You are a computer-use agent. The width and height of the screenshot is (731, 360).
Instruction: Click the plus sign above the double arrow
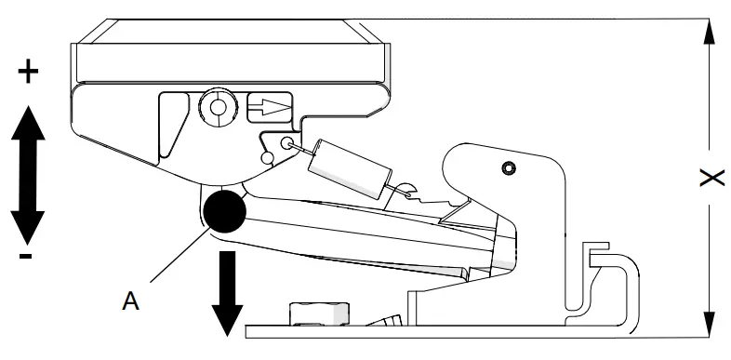(30, 73)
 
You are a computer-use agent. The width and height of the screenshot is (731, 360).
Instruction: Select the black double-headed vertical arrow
(30, 173)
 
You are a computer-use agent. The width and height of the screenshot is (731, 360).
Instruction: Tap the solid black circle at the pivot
(224, 213)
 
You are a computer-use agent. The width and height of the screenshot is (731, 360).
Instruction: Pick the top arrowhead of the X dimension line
(710, 33)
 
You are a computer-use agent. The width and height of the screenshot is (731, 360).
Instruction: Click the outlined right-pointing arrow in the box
(270, 107)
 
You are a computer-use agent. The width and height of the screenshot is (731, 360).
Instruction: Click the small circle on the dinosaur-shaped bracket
(507, 167)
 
